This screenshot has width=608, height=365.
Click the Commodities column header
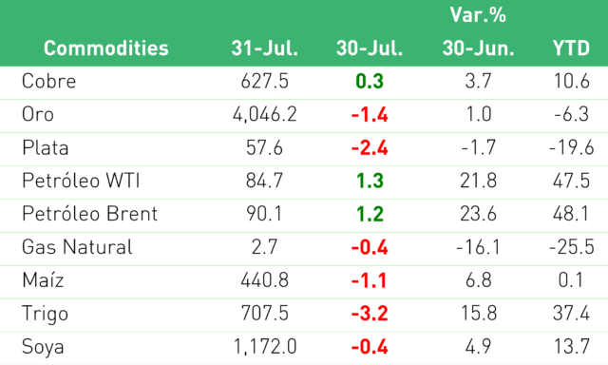tap(105, 48)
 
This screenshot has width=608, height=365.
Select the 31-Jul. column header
tap(264, 48)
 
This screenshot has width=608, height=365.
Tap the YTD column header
tap(571, 48)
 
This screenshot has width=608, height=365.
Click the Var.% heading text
tap(478, 15)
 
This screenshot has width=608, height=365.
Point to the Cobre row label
tap(48, 81)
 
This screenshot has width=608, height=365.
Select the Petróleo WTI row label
tap(81, 181)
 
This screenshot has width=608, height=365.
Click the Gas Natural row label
tap(77, 247)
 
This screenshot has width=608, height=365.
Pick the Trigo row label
tap(45, 314)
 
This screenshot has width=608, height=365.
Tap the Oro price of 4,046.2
tap(264, 114)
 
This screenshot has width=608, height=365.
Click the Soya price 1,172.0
tap(265, 346)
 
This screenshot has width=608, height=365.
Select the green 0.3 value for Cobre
tap(370, 81)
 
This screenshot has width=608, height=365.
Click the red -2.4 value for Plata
tap(370, 147)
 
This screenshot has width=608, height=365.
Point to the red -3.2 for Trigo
tap(370, 314)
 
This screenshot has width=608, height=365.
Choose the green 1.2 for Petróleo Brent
tap(370, 214)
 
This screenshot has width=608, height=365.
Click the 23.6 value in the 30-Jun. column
tap(478, 214)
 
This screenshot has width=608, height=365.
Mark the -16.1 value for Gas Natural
tap(478, 247)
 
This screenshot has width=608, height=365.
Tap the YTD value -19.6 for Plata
tap(571, 147)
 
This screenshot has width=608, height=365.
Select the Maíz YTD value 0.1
tap(571, 280)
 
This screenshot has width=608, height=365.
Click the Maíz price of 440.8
tap(264, 280)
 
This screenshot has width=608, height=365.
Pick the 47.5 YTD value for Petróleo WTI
tap(571, 181)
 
